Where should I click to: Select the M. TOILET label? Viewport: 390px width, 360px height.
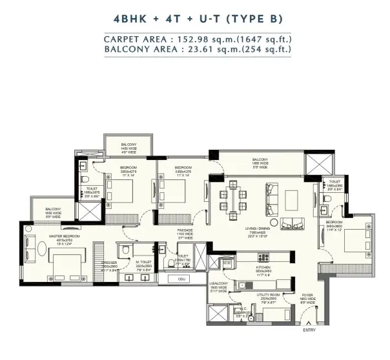[143, 264]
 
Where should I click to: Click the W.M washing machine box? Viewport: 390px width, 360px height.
[227, 263]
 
